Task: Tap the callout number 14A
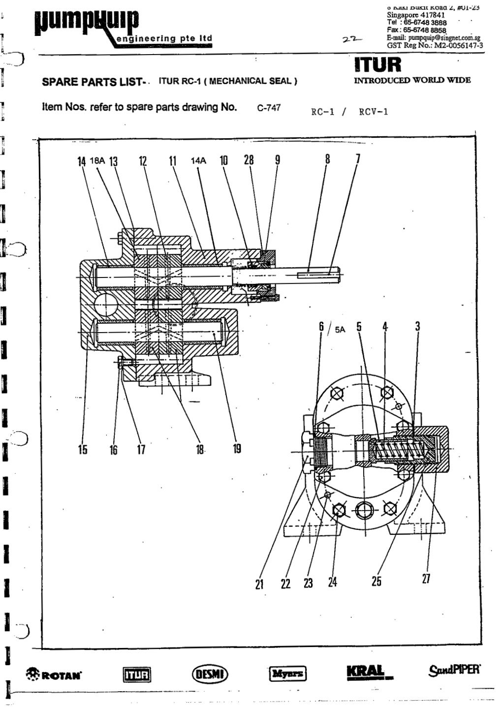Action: coord(198,160)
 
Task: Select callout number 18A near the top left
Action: coord(98,160)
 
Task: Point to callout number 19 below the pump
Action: coord(237,449)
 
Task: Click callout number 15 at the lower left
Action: coord(82,450)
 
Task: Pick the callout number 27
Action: coord(426,579)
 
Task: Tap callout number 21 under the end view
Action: coord(259,584)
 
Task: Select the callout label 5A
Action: coord(340,330)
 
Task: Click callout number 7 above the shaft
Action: coord(358,158)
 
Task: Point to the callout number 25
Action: coord(377,581)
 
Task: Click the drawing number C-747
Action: coord(269,108)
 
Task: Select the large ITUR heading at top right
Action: coord(378,64)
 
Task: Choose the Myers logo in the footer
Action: coord(287,674)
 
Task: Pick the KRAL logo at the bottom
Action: coord(366,672)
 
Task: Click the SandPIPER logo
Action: coord(454,670)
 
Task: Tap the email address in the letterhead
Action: coord(434,37)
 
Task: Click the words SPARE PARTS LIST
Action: coord(92,82)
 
